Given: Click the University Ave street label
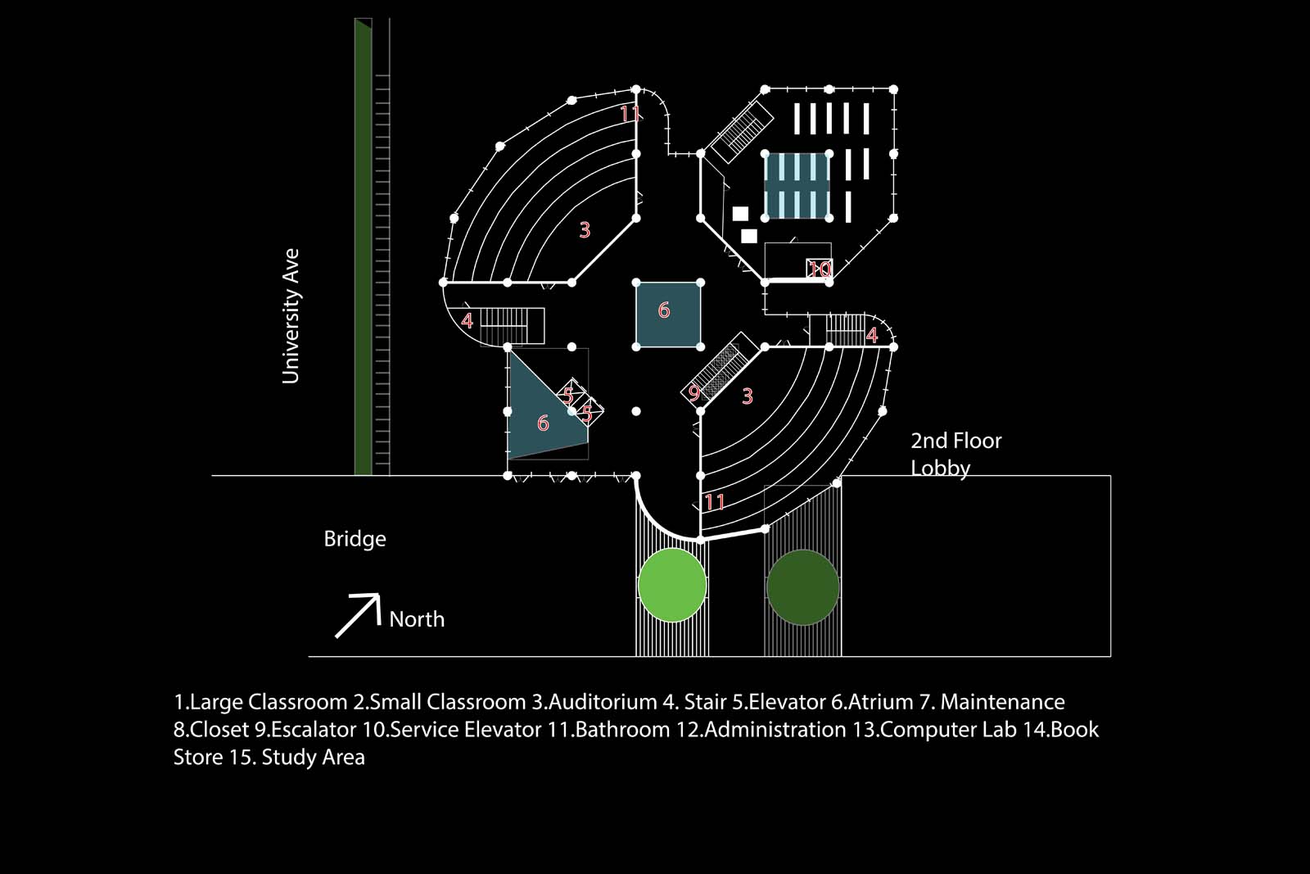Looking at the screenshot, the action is pyautogui.click(x=291, y=316).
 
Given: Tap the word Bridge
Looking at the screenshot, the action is pyautogui.click(x=355, y=539).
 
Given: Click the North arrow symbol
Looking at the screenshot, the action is pyautogui.click(x=359, y=615).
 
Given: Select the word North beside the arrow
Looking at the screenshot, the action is pyautogui.click(x=417, y=619).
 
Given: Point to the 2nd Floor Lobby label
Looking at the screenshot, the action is pyautogui.click(x=956, y=454).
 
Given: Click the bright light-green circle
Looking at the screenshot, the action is pyautogui.click(x=672, y=586).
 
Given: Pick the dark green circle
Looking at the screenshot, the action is pyautogui.click(x=803, y=586).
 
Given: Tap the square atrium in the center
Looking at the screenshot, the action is pyautogui.click(x=668, y=315).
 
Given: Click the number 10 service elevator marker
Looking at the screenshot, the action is pyautogui.click(x=820, y=269).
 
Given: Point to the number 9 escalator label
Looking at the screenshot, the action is pyautogui.click(x=694, y=392).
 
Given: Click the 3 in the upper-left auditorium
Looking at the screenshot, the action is pyautogui.click(x=585, y=230).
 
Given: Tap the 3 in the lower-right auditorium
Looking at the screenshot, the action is pyautogui.click(x=748, y=396).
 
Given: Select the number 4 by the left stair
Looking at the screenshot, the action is pyautogui.click(x=467, y=321).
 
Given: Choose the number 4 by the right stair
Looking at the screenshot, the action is pyautogui.click(x=872, y=335).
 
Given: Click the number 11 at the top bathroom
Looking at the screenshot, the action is pyautogui.click(x=629, y=114).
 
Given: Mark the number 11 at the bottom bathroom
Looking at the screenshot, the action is pyautogui.click(x=715, y=502).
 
